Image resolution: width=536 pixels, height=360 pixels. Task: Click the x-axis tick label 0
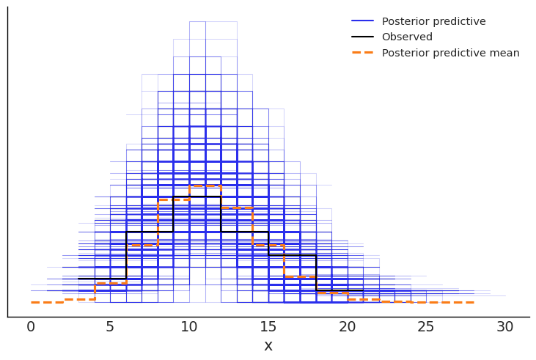31,328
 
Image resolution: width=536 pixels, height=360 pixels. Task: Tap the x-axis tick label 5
110,328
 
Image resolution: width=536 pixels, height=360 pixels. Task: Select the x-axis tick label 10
189,328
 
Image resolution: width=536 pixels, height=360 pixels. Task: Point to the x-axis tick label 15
268,328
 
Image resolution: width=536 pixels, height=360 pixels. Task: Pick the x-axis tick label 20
348,328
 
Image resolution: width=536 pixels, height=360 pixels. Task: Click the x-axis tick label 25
427,328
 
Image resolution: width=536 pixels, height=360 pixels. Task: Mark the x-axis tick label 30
505,328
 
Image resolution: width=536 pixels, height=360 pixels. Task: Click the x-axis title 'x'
268,346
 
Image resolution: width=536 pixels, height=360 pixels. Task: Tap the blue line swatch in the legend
362,21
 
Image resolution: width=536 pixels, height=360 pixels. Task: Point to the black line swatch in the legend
362,37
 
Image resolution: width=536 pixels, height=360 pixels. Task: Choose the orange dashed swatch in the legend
362,53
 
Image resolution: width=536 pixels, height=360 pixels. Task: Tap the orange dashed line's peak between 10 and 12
205,185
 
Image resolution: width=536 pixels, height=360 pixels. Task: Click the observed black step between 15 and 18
292,255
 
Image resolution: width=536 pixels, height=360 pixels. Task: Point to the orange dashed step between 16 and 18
300,276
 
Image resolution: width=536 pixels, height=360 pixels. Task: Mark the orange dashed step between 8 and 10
174,199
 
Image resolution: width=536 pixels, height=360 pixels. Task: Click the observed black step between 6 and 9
150,232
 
